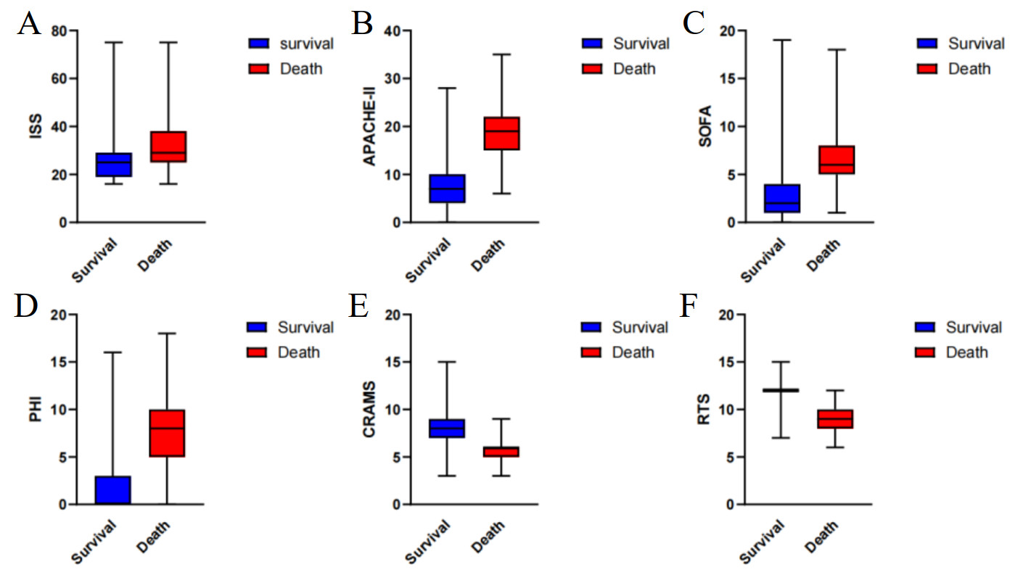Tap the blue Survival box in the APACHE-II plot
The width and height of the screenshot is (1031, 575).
tap(446, 189)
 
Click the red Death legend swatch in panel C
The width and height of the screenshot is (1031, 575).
tap(927, 69)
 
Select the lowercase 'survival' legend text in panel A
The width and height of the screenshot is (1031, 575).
tap(306, 44)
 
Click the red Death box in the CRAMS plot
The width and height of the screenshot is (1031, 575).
tap(501, 452)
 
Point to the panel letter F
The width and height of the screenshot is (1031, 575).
tap(688, 307)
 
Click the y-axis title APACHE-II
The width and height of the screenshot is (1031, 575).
tap(369, 127)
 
